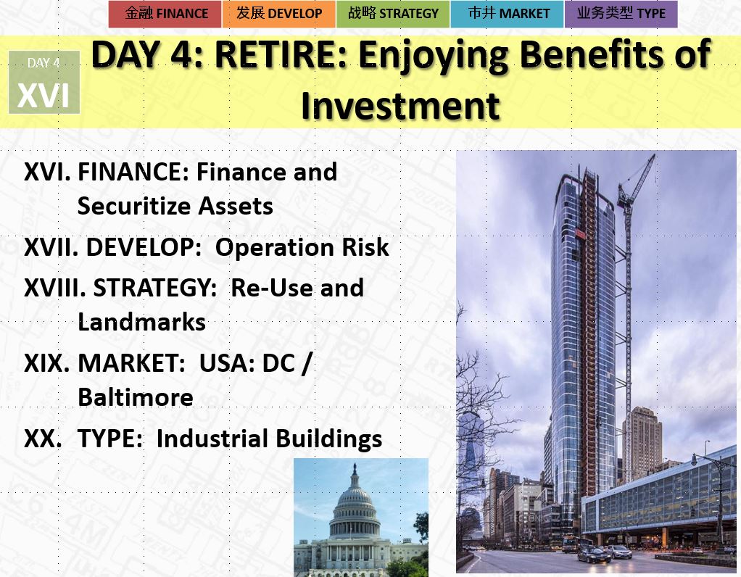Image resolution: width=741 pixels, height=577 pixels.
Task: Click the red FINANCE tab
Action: pos(165,14)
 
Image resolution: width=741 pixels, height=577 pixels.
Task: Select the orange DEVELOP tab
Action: pos(279,14)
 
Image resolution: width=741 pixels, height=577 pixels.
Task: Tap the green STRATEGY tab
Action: pos(393,14)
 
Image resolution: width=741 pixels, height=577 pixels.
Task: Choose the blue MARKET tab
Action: pos(507,14)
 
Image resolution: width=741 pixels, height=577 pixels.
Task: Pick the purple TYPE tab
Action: pos(621,14)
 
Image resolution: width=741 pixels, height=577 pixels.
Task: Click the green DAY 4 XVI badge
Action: pos(44,82)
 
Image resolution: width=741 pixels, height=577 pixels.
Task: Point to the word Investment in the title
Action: pos(400,105)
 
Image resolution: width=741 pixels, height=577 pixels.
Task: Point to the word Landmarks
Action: pos(142,323)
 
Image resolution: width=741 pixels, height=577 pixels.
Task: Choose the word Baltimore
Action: pos(136,397)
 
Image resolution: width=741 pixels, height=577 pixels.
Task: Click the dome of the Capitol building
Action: pos(355,497)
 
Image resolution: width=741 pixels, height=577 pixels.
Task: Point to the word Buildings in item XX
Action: pos(329,439)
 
